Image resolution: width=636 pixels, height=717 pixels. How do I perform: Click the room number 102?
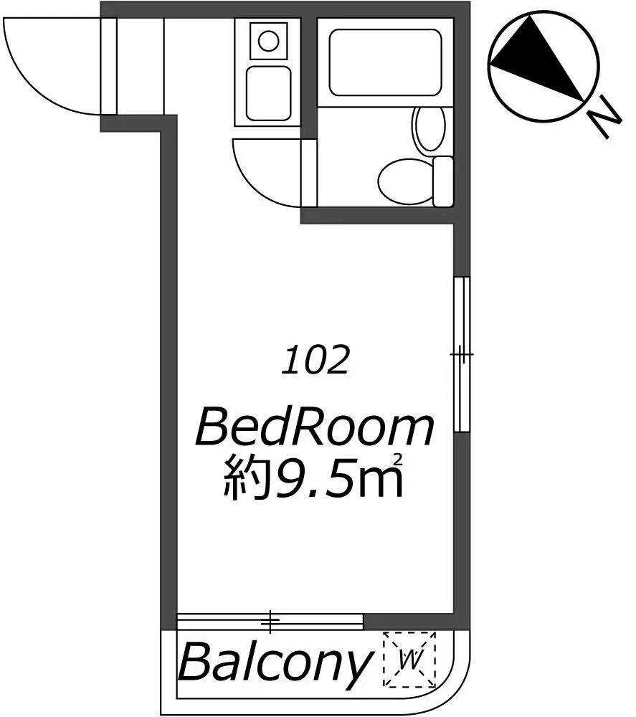point(315,361)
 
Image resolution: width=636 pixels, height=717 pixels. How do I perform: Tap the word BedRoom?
point(315,429)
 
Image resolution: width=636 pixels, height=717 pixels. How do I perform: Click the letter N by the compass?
point(606,118)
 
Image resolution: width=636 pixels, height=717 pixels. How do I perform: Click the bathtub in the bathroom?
point(386,62)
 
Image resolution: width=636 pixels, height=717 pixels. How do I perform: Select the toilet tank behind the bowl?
point(442,181)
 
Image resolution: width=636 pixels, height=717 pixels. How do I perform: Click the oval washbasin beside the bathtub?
point(429,128)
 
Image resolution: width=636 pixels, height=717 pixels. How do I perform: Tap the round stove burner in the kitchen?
point(268,41)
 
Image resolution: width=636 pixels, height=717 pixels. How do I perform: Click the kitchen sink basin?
point(268,93)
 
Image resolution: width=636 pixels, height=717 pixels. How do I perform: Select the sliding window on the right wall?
point(462,354)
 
